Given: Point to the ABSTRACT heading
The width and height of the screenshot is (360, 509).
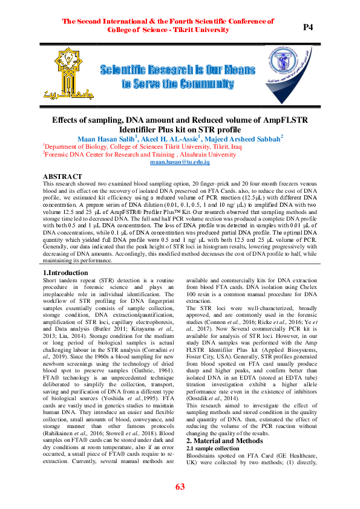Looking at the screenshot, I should [x=63, y=176].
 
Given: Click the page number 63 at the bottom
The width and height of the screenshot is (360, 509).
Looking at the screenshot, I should [x=180, y=487].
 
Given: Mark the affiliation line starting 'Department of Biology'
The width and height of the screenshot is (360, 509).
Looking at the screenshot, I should [x=143, y=147].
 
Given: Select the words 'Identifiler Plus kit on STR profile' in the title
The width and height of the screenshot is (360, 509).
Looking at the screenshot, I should [x=180, y=129].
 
